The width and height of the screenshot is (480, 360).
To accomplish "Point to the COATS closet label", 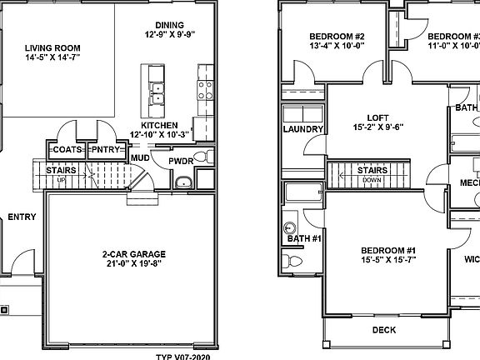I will pos(66,150).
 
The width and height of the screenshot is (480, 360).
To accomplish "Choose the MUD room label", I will pos(140,157).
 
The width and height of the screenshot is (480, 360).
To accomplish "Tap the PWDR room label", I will pos(181,161).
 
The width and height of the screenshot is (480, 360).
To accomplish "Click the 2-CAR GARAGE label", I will pos(134,253).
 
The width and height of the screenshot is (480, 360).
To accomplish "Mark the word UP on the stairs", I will pos(61,179).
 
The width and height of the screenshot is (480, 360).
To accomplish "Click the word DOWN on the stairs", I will pos(372,179).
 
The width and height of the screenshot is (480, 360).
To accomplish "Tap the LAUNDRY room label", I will pos(303,129).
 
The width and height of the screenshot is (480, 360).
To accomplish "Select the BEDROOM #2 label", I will pos(337,36).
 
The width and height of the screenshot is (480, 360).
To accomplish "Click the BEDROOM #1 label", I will pos(387,251).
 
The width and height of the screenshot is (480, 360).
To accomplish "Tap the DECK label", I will pos(384,329).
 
